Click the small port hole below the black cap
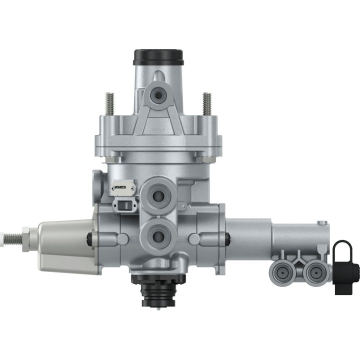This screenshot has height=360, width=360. point(158,94)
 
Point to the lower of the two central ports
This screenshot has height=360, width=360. point(158,233)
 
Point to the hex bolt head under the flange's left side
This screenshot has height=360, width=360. point(105,159)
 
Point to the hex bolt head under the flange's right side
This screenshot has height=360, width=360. point(206,159)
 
